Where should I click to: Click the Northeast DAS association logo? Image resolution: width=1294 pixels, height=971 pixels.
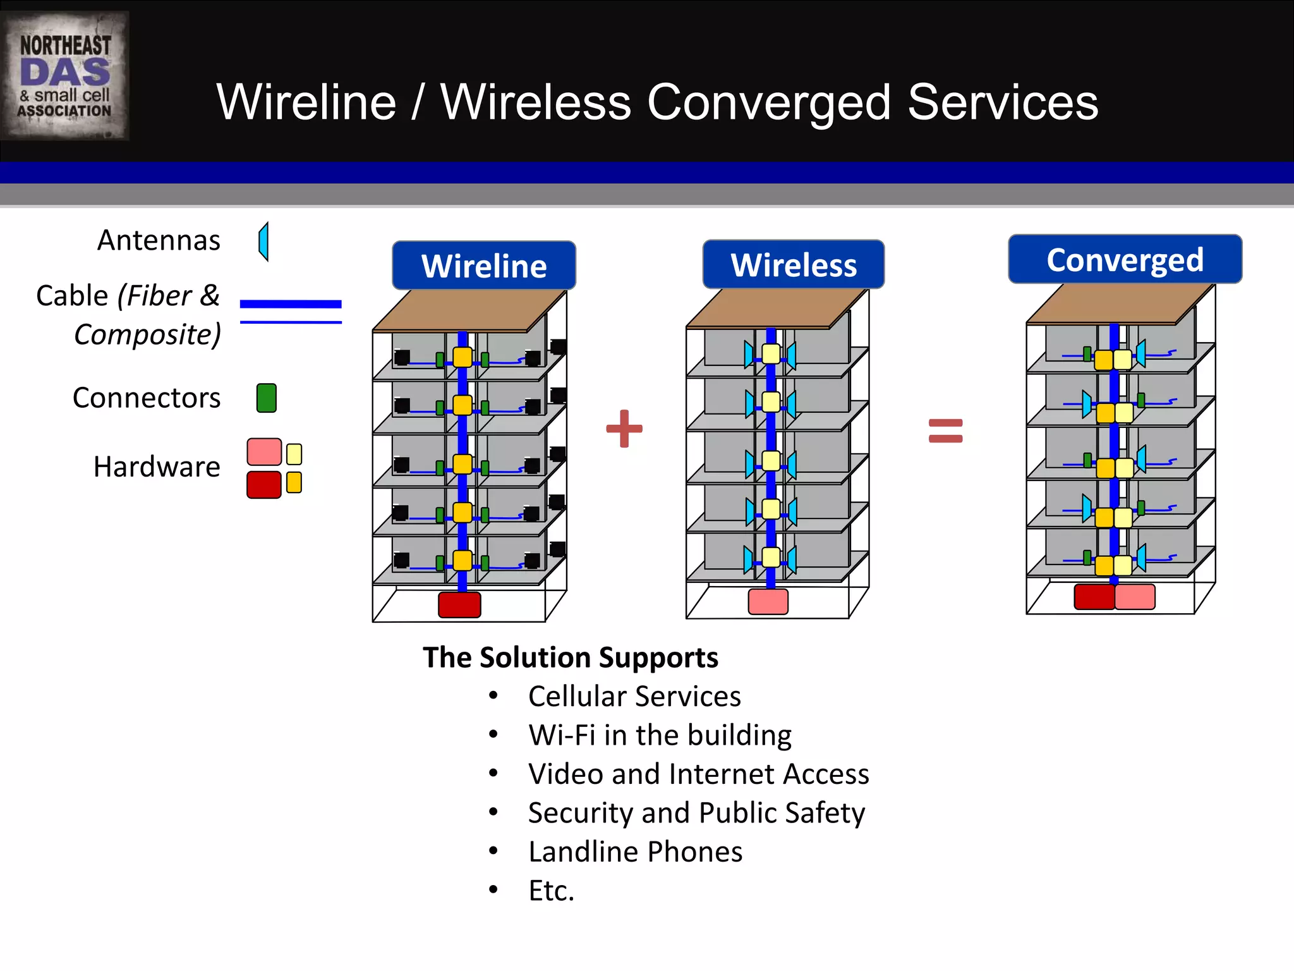[x=64, y=76]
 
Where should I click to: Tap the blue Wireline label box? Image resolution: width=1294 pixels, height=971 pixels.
[x=484, y=266]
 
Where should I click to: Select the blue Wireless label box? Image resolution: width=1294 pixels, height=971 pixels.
[x=794, y=264]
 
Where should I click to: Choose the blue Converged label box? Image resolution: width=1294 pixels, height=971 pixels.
[x=1125, y=259]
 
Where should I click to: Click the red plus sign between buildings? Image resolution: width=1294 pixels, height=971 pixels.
[x=624, y=429]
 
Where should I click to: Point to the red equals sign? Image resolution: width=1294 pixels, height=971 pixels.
[x=945, y=431]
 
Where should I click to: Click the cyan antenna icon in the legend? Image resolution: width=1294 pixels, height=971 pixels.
[x=264, y=241]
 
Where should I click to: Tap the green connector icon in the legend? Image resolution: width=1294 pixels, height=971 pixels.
[x=266, y=398]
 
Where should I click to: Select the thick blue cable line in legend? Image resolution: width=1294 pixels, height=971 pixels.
[x=291, y=304]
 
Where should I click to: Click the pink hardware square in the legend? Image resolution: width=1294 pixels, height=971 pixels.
[x=263, y=452]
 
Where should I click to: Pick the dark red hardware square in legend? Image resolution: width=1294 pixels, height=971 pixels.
[x=263, y=485]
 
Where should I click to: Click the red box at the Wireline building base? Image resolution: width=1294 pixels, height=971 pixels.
[x=459, y=604]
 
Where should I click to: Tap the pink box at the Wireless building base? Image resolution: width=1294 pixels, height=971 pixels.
[x=768, y=601]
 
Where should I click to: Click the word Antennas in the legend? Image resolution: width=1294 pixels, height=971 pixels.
[x=159, y=240]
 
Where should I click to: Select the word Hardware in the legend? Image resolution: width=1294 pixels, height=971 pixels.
[x=157, y=467]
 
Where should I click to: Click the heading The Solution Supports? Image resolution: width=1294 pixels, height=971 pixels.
[x=570, y=657]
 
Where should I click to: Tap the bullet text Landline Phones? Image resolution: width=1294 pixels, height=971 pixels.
[x=635, y=852]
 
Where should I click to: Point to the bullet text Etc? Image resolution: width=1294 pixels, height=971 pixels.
[x=551, y=890]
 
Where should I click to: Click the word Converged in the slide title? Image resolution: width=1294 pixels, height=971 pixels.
[x=768, y=102]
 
